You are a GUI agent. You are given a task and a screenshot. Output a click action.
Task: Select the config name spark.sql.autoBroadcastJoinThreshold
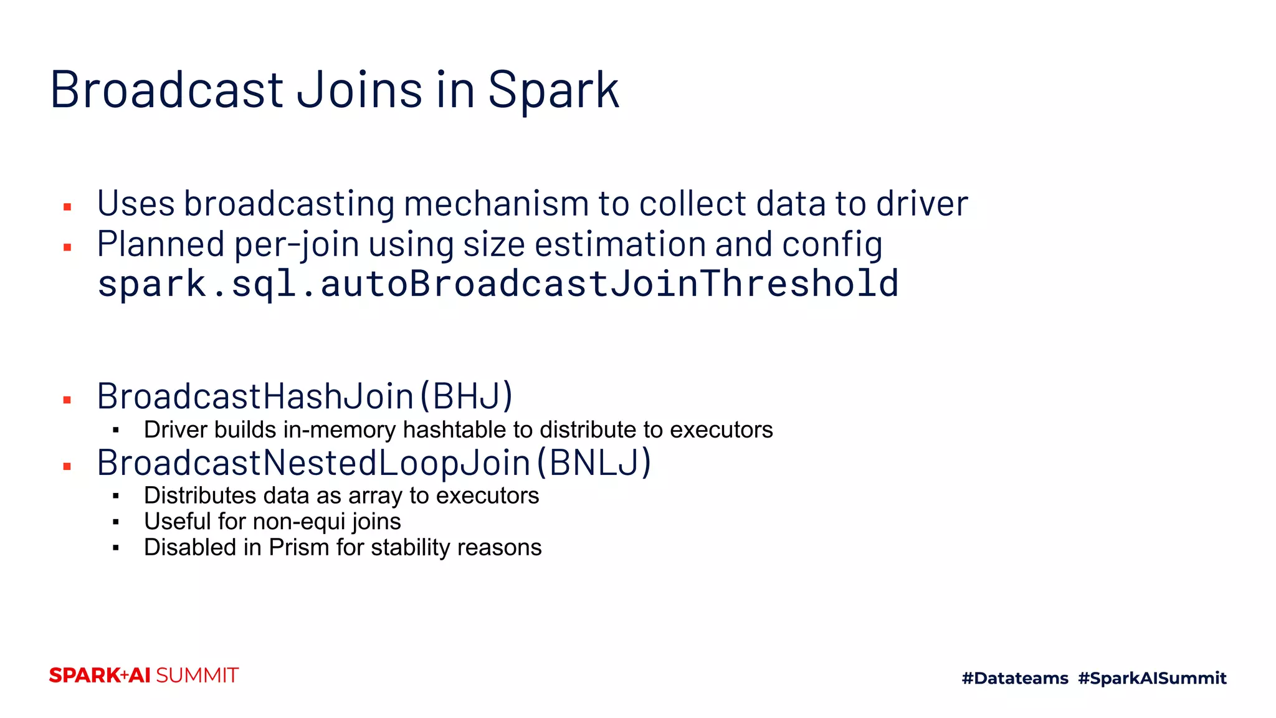pos(498,284)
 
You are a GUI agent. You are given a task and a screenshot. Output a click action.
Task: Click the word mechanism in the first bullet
pos(496,204)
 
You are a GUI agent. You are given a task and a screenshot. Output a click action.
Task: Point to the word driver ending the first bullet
pos(921,204)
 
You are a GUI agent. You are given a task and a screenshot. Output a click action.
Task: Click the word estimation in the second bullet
pos(619,244)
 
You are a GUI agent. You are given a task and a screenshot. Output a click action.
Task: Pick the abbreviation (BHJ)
pos(467,396)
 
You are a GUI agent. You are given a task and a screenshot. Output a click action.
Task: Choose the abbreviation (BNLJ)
pos(594,462)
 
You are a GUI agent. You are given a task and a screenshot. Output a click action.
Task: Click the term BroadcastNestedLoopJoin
pos(313,462)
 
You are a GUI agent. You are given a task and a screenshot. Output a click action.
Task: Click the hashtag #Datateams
pos(1015,678)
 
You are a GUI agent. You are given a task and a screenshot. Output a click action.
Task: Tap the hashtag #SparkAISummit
pos(1152,678)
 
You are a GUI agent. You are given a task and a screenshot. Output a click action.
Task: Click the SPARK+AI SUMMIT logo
pos(144,676)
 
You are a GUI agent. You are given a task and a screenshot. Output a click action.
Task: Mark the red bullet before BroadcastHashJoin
pos(67,400)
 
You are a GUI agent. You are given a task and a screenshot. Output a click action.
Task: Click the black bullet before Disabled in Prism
pos(116,548)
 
